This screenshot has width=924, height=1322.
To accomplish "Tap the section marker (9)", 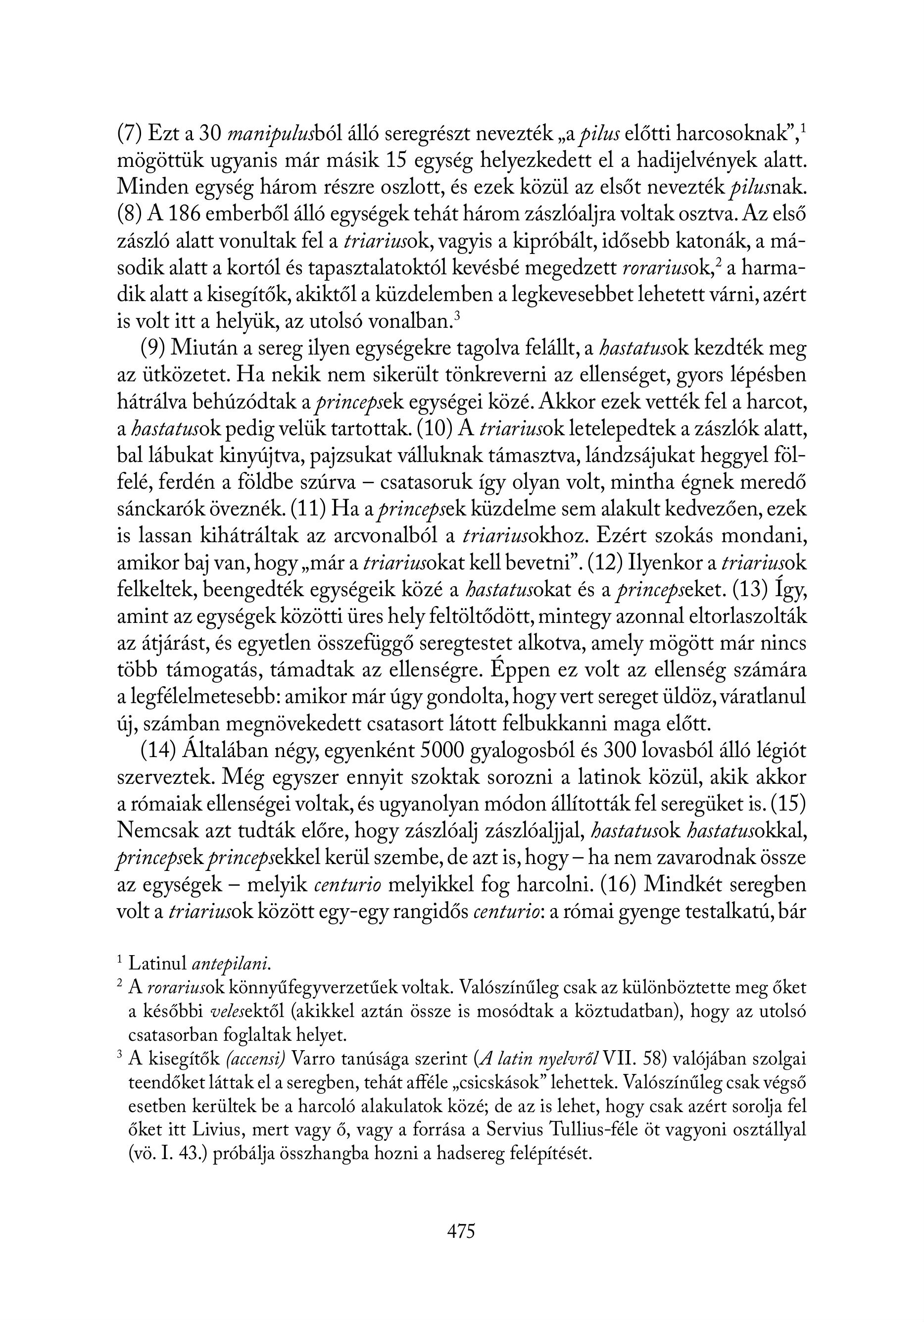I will point(152,349).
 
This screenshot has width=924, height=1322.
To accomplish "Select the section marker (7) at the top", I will point(130,135).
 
